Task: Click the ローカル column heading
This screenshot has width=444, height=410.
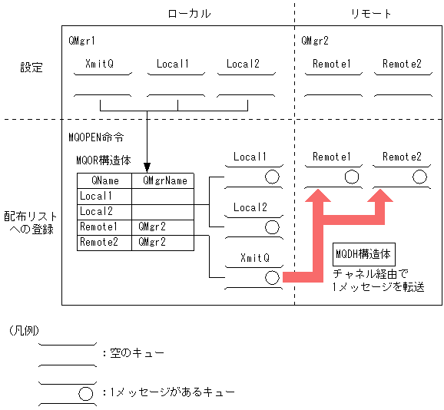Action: pos(189,14)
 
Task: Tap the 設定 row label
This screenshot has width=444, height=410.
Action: pos(31,68)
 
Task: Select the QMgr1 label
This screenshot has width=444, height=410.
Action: pos(82,40)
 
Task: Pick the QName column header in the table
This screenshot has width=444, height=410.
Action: pos(104,180)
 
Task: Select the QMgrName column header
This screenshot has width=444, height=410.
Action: pos(162,180)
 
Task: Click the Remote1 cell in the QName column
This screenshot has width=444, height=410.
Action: pos(98,227)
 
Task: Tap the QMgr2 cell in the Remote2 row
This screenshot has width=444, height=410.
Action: pos(152,242)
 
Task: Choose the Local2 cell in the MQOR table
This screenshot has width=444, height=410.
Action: pos(96,211)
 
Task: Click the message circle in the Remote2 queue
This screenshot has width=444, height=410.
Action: pos(419,177)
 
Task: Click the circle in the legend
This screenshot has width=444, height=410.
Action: pos(85,392)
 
